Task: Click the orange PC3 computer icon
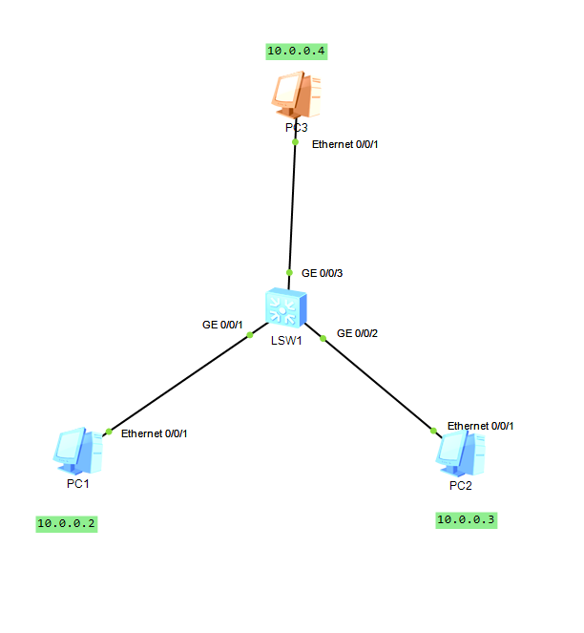point(294,95)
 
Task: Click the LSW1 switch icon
point(286,307)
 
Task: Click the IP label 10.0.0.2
point(67,523)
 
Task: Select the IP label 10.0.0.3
point(467,520)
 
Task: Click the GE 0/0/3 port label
point(322,273)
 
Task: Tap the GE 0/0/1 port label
point(222,325)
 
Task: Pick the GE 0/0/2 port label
point(358,333)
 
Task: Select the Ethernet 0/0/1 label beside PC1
point(154,433)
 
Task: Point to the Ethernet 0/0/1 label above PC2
point(480,426)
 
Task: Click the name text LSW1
point(286,340)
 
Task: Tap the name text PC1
point(78,484)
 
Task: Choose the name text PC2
point(460,485)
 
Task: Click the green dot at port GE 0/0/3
point(289,272)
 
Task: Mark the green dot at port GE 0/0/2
point(324,337)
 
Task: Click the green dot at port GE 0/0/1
point(250,335)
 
